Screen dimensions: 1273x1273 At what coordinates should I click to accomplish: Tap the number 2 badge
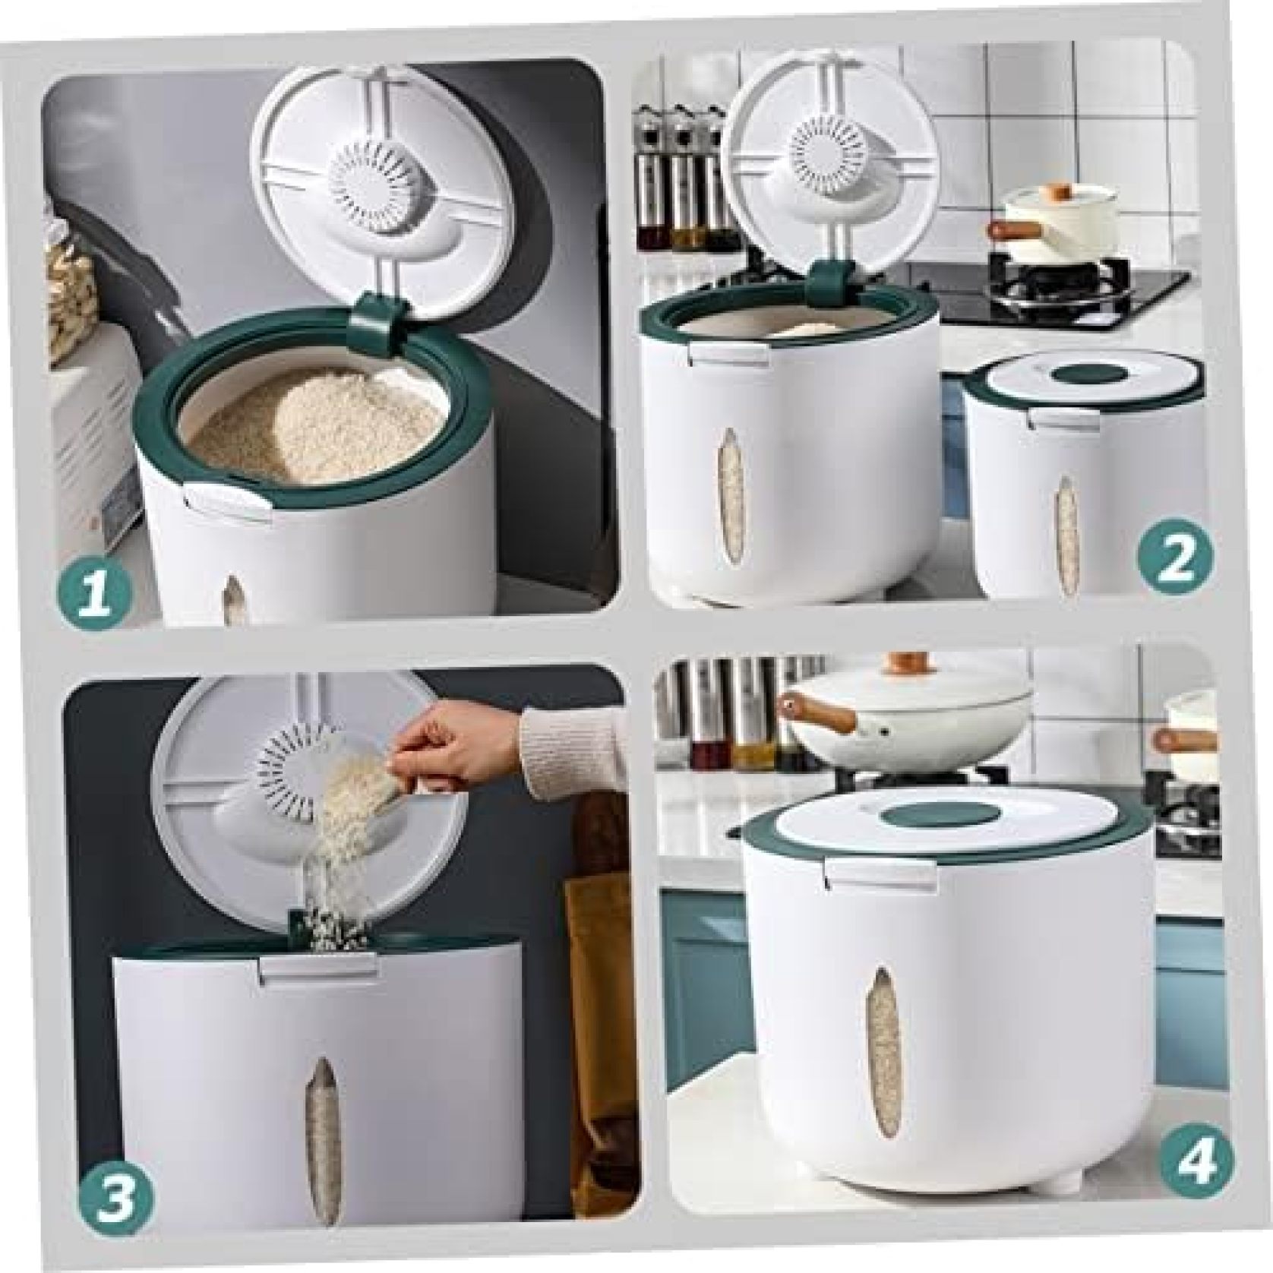pos(1175,561)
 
